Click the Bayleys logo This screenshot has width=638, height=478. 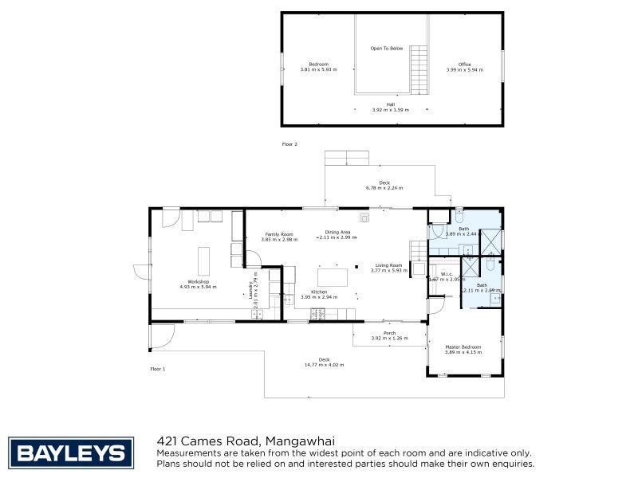coord(70,453)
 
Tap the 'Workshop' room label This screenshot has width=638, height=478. coord(199,281)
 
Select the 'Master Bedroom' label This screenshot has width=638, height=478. coord(463,347)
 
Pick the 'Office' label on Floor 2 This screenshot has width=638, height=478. coord(464,65)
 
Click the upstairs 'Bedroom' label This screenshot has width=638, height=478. coord(319,65)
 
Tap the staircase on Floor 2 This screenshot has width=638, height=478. coord(419,68)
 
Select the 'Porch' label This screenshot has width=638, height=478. coord(389,333)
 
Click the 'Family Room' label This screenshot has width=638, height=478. coord(279,234)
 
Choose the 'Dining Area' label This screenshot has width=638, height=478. coord(337,232)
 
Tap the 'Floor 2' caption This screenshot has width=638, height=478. coord(289,144)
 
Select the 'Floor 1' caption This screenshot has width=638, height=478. coord(158,369)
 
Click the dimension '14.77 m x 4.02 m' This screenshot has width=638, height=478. coord(323,365)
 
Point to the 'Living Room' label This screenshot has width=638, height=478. coord(389,265)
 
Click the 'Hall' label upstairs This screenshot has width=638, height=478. coord(391,104)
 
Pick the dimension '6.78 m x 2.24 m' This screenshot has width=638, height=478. coord(384,188)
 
